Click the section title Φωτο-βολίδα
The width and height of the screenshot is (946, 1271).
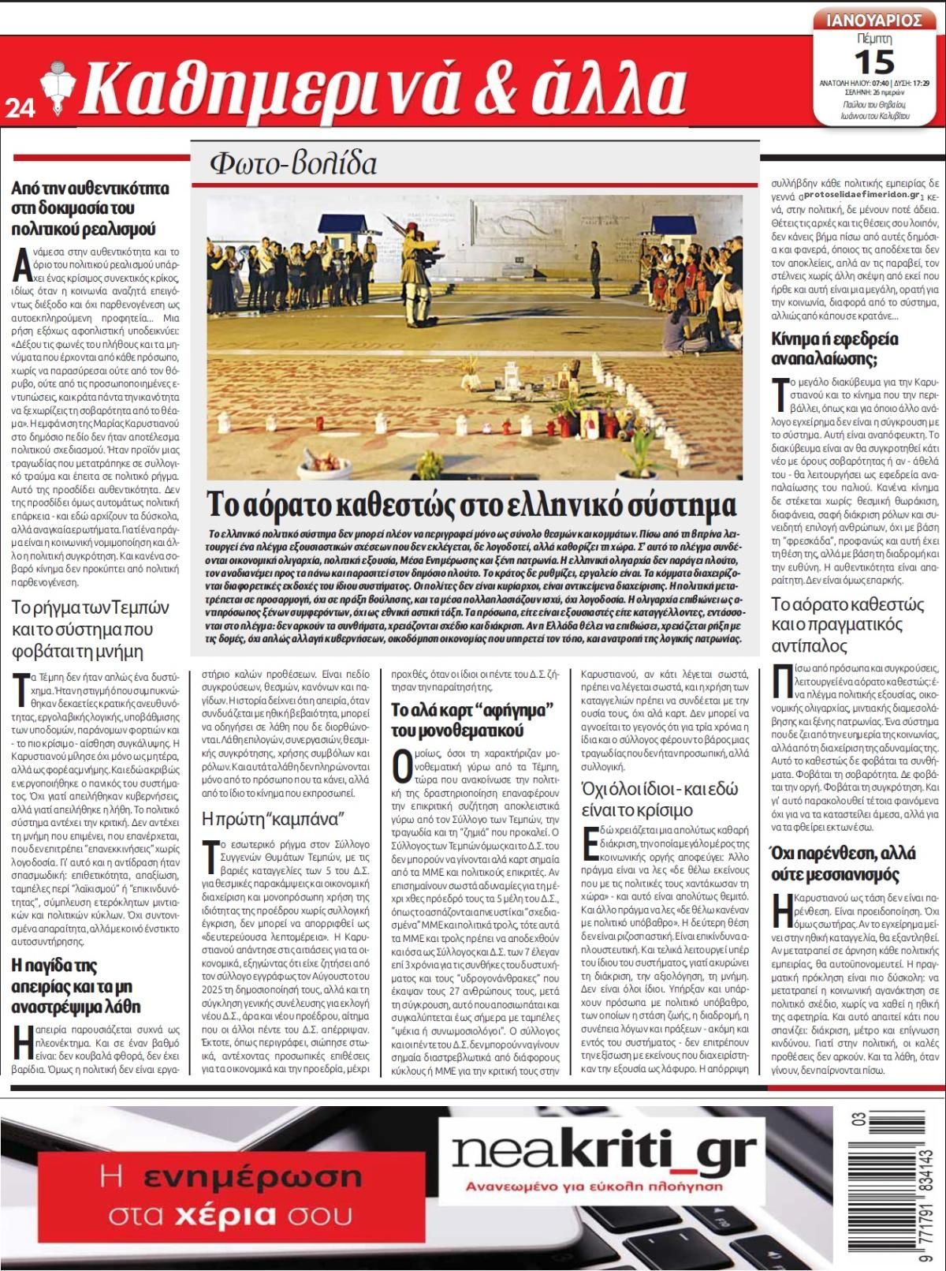[x=293, y=163]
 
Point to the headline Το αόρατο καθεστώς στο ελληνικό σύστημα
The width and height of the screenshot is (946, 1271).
[x=471, y=504]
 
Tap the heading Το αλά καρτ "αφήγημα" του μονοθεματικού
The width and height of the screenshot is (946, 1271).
[x=475, y=720]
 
